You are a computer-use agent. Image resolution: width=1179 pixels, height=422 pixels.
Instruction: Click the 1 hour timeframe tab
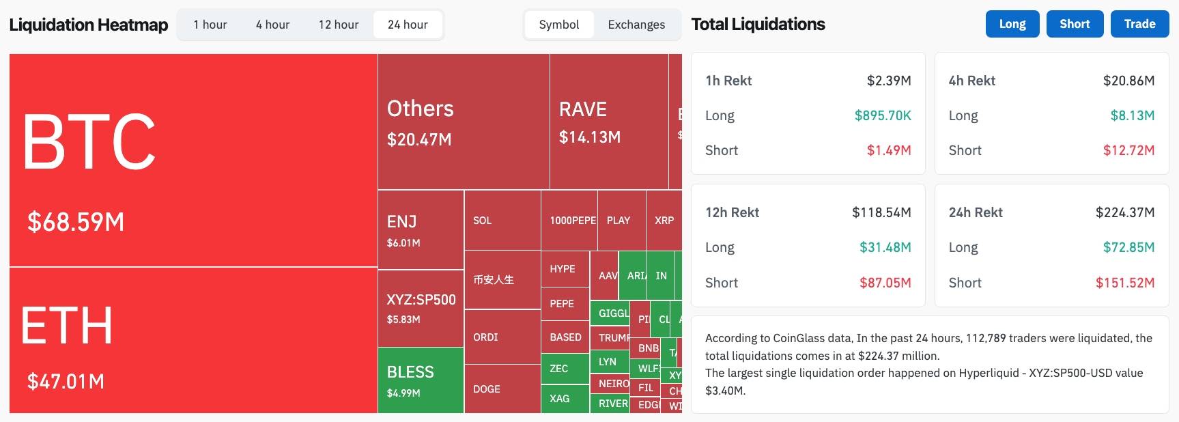click(210, 25)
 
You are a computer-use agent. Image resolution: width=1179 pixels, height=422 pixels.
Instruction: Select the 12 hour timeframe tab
click(338, 25)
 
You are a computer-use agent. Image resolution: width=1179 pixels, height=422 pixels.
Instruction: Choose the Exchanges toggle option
click(636, 25)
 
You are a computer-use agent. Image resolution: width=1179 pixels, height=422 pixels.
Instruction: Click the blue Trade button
click(1139, 24)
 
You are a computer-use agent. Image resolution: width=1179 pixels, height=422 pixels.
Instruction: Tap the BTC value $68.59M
click(76, 222)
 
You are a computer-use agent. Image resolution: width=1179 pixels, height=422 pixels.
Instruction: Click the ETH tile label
click(67, 326)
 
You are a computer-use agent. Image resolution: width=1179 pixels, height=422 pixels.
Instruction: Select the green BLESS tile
click(420, 380)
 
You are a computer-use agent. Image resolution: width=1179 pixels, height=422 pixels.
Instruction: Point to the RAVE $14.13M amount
click(590, 137)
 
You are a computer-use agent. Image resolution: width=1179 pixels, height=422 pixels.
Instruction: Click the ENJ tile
click(420, 229)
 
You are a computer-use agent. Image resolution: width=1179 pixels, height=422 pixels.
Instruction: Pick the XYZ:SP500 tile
click(421, 307)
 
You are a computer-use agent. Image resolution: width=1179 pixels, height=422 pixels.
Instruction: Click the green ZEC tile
click(564, 368)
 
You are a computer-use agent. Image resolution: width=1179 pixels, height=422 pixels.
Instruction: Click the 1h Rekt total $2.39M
click(888, 81)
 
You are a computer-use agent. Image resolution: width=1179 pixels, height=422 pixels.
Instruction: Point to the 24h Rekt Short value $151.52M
click(1124, 283)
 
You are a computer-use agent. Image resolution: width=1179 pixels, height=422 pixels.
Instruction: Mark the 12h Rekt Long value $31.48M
click(885, 247)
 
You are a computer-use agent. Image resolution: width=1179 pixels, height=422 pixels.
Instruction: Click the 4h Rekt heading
click(971, 81)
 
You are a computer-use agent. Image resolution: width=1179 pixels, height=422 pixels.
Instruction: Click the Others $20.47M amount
click(419, 139)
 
